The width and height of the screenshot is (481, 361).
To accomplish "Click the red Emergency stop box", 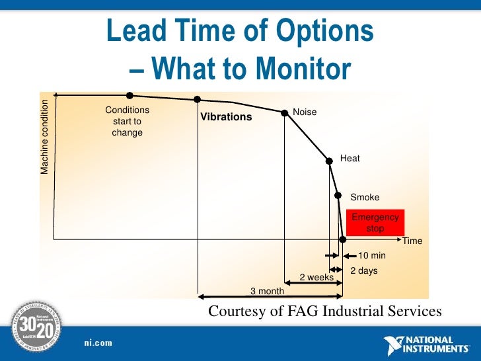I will [375, 223].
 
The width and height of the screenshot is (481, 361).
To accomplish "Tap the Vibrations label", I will [226, 117].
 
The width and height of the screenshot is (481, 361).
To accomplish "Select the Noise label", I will [305, 112].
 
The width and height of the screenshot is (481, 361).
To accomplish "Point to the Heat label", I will [350, 158].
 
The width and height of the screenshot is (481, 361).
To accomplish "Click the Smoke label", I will [365, 197].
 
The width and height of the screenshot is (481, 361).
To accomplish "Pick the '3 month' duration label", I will [267, 291].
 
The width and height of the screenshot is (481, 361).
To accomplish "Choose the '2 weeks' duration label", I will [316, 278].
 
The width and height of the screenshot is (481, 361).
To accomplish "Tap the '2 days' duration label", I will [363, 270].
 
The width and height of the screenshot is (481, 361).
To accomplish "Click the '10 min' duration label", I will [371, 255].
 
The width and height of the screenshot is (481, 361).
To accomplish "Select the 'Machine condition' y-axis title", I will [45, 137].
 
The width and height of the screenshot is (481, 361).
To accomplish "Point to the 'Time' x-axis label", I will [412, 241].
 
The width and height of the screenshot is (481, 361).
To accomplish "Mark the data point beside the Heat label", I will [328, 160].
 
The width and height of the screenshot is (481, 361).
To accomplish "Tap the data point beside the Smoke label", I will [338, 196].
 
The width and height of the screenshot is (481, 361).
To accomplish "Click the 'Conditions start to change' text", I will [127, 121].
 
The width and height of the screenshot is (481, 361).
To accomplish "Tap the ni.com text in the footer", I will [98, 342].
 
